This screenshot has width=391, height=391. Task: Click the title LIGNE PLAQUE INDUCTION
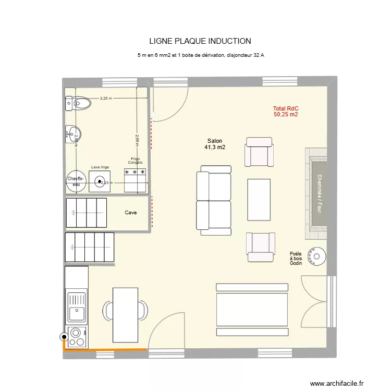[x=200, y=41]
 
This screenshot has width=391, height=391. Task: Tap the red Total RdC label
[x=285, y=108]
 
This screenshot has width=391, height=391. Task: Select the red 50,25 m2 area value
[x=285, y=115]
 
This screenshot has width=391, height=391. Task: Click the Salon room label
[x=215, y=141]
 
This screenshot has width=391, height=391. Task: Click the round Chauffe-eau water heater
[x=76, y=181]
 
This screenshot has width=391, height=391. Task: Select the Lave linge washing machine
[x=100, y=181]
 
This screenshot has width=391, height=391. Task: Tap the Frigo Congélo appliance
[x=135, y=180]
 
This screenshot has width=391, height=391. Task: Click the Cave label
[x=131, y=213]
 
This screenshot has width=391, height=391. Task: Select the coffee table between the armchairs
[x=259, y=199]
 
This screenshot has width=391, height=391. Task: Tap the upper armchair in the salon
[x=259, y=152]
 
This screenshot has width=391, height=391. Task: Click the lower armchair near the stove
[x=260, y=247]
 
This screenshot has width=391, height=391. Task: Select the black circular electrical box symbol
[x=64, y=337]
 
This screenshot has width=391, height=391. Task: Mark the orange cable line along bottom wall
[x=104, y=349]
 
